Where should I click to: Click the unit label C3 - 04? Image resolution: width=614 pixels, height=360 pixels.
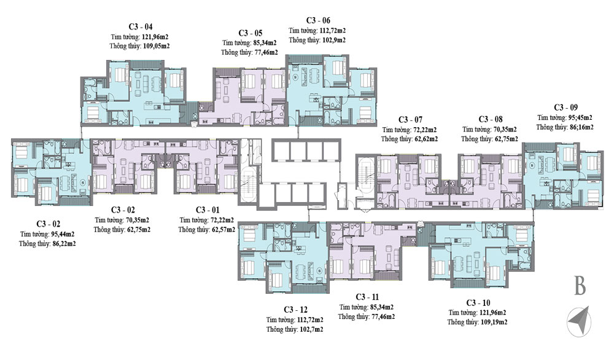(x=141, y=27)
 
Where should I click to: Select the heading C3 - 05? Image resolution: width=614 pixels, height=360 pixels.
(x=251, y=33)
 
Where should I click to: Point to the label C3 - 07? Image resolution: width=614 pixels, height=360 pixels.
(x=410, y=119)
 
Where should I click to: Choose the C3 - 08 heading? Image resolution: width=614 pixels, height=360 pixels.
(x=491, y=119)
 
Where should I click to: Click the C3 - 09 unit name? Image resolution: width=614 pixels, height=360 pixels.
(x=565, y=106)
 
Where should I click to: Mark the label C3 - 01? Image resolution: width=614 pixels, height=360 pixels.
(x=208, y=209)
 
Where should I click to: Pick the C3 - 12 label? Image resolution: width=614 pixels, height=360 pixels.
(x=295, y=309)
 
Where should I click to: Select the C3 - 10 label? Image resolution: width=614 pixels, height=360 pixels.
(x=478, y=302)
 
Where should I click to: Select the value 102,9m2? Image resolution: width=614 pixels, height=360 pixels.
(x=333, y=39)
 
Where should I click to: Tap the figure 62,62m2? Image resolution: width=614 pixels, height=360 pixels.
(x=424, y=139)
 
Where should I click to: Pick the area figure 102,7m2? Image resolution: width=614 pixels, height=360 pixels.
(x=309, y=329)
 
